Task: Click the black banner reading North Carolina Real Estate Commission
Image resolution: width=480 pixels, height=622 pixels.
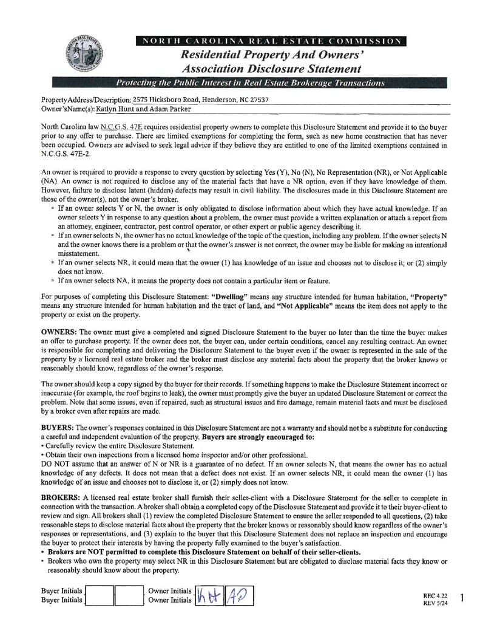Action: click(271, 41)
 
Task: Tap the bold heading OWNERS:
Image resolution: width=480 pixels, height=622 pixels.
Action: click(59, 332)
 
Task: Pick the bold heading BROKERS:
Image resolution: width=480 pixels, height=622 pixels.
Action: click(61, 497)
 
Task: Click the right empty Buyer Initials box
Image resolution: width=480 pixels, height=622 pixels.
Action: click(128, 595)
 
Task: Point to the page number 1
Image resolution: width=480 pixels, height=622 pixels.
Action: click(462, 598)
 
